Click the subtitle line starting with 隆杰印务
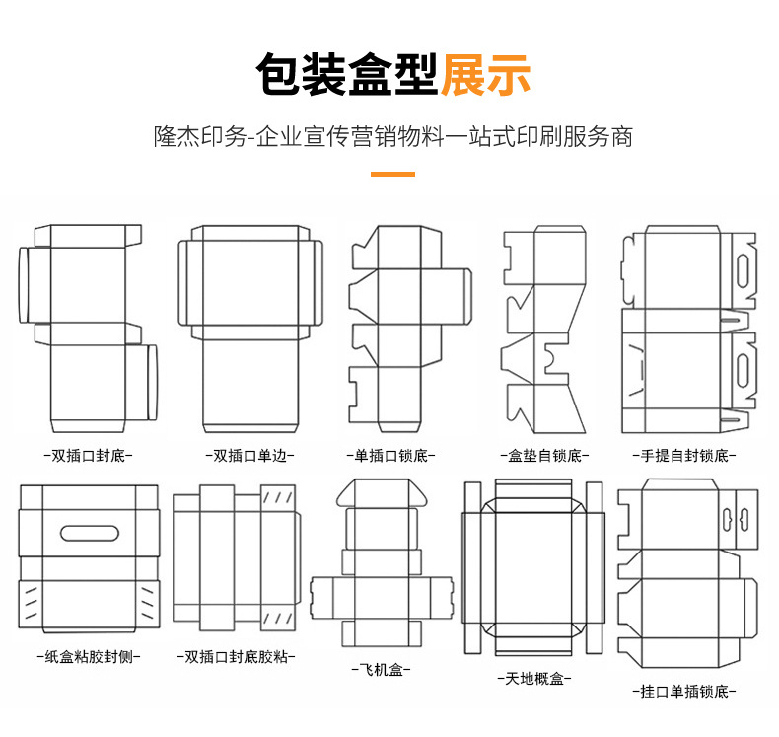[x=392, y=136]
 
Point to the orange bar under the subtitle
[x=391, y=175]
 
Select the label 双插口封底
[x=89, y=456]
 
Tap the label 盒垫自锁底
[x=543, y=456]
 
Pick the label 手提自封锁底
[x=684, y=456]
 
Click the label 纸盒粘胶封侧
[x=89, y=655]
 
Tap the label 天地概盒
[x=533, y=679]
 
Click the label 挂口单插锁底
[x=684, y=692]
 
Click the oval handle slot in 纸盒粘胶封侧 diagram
[x=89, y=534]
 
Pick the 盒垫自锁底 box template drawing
[x=543, y=326]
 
